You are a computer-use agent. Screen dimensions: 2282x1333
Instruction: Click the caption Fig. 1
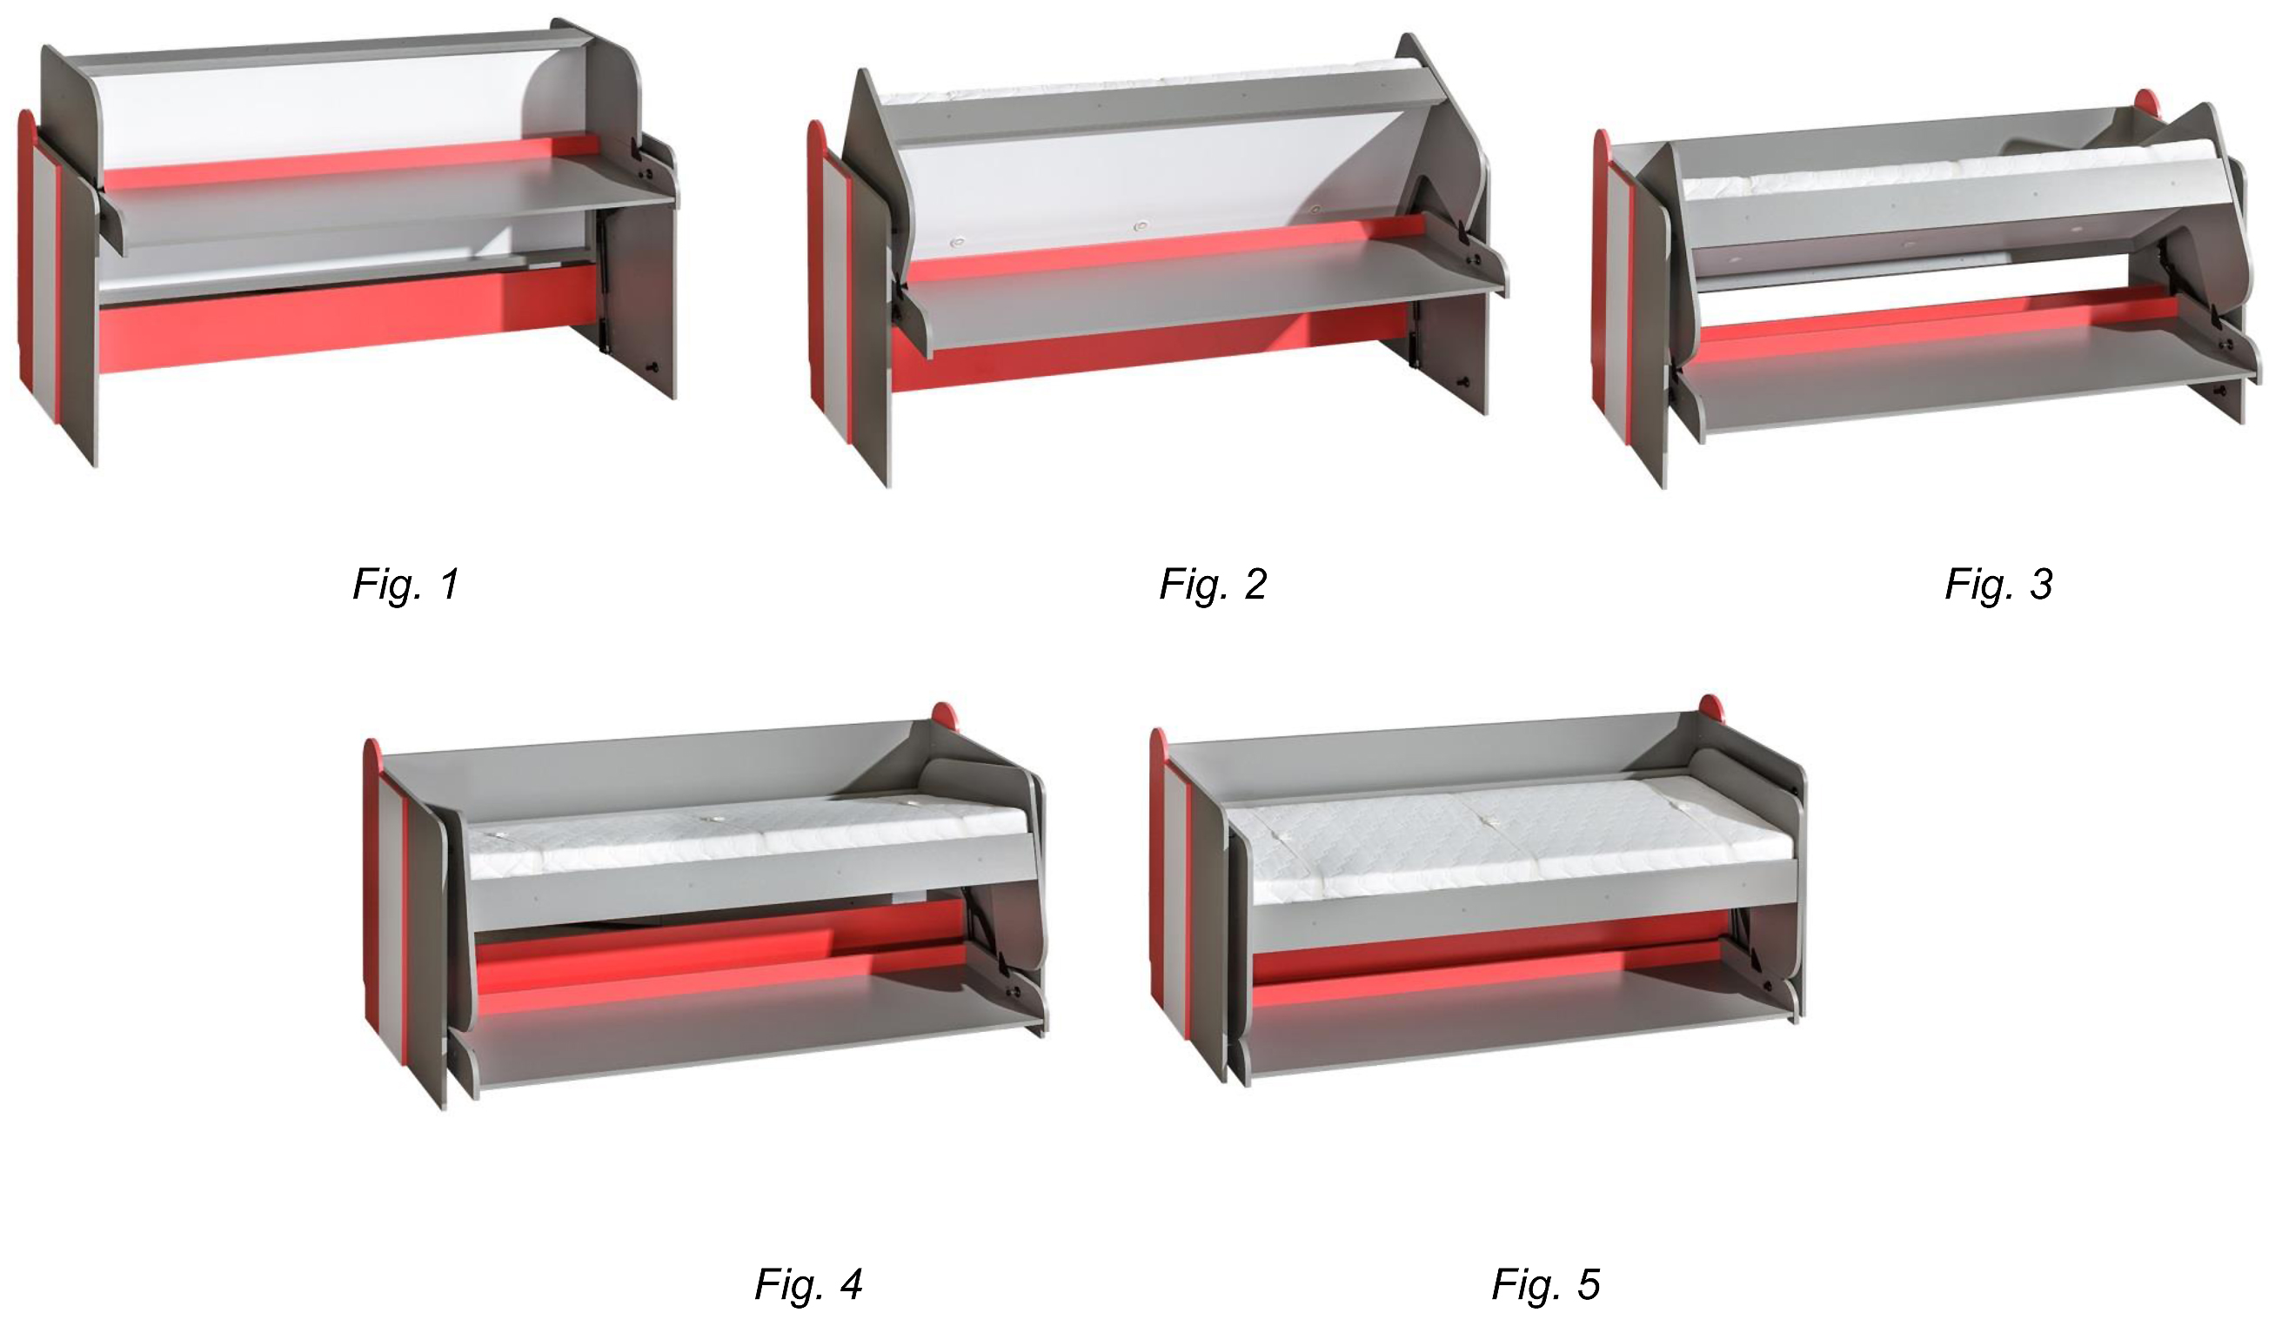tap(406, 584)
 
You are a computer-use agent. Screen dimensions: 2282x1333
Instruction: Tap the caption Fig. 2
tap(1214, 584)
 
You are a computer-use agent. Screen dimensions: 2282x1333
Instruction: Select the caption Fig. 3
tap(1998, 584)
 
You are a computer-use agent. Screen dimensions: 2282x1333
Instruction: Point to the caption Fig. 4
tap(808, 1284)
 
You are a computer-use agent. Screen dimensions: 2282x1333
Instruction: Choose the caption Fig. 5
tap(1547, 1284)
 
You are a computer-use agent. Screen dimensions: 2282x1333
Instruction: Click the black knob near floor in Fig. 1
tap(651, 368)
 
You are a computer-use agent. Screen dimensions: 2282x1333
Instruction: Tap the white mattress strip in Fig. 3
tap(1947, 172)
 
